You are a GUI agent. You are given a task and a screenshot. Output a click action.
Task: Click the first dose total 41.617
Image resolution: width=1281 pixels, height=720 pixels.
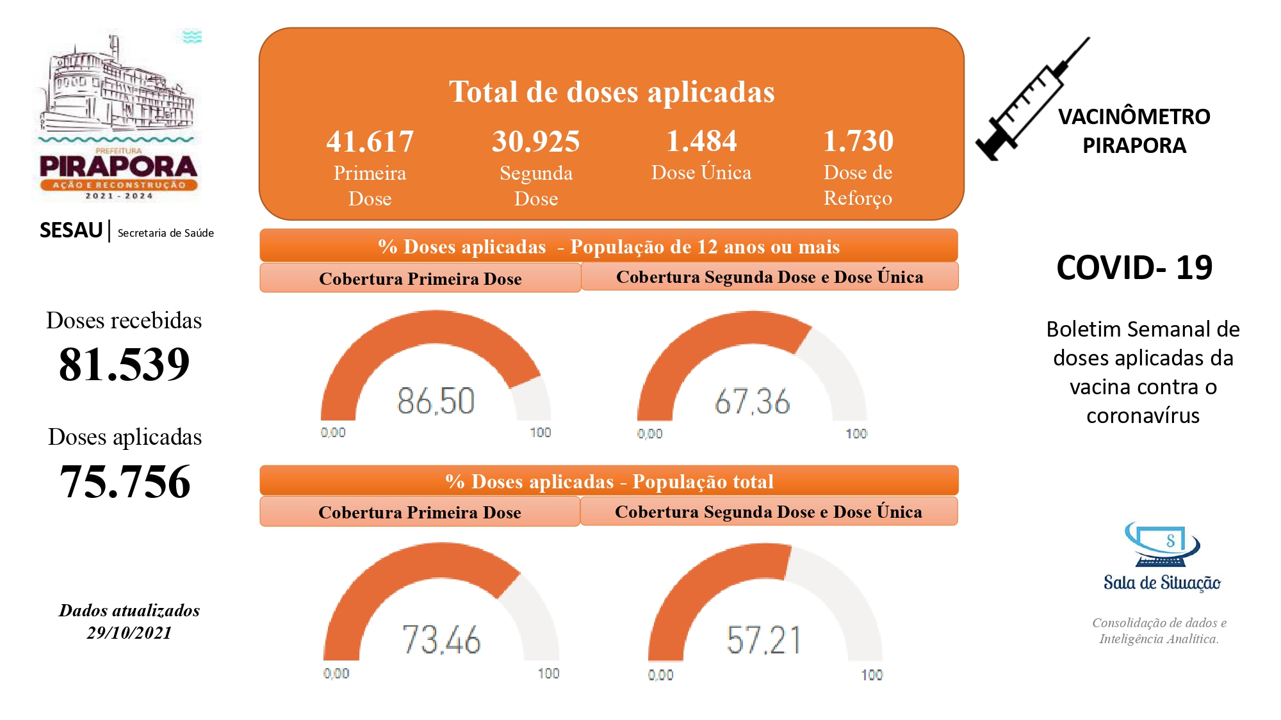tap(370, 141)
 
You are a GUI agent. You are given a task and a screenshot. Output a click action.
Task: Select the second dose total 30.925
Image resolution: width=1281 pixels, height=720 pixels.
tap(535, 141)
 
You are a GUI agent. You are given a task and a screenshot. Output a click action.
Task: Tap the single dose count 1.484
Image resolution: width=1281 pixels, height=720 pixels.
tap(701, 141)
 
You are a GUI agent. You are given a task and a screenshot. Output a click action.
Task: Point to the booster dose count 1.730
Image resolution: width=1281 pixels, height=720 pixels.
tap(858, 141)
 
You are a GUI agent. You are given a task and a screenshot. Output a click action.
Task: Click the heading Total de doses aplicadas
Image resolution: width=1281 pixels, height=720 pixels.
tap(612, 92)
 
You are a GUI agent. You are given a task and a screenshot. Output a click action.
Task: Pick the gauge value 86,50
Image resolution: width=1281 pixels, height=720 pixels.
tap(436, 401)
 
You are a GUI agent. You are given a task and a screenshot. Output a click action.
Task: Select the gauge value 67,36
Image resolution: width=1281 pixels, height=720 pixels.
tap(752, 402)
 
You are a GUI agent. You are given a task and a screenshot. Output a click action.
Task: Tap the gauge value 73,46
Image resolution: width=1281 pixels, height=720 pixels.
tap(441, 639)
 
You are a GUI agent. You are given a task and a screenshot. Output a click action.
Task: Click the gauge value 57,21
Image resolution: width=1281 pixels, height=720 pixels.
tap(763, 639)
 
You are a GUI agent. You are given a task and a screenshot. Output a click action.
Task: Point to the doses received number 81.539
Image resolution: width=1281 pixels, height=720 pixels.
tap(124, 364)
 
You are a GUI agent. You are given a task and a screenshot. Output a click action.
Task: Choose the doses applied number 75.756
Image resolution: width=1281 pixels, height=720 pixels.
tap(125, 481)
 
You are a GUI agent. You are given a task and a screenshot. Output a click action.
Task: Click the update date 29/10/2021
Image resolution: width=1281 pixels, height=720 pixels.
tap(129, 632)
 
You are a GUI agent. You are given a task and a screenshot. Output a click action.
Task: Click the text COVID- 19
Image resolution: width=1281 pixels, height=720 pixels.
tap(1134, 268)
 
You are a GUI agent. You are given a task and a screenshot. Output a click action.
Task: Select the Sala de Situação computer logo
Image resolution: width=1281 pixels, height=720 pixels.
tap(1162, 545)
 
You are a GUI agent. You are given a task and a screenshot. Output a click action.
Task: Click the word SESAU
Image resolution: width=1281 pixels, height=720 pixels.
tap(71, 230)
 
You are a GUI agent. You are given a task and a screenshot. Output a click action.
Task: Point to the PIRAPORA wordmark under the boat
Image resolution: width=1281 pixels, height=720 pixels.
tap(118, 166)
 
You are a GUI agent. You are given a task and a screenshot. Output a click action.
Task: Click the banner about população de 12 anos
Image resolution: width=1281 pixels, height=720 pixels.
tap(608, 246)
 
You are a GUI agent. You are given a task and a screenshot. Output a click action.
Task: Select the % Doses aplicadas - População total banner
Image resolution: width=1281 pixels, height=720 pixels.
tap(608, 481)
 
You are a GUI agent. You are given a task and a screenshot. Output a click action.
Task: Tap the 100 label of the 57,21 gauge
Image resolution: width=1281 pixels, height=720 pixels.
tap(871, 675)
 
